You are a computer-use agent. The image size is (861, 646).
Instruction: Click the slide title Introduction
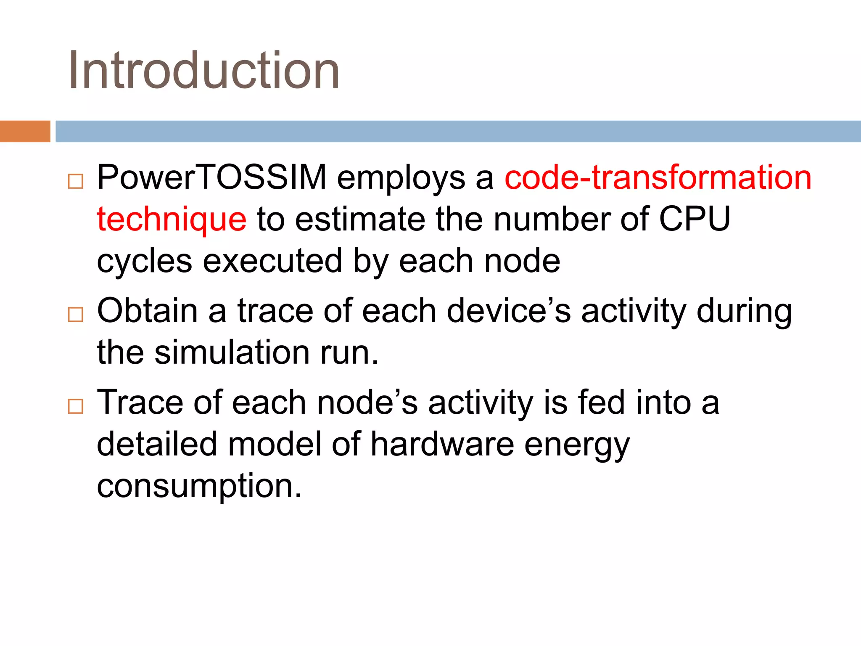[x=204, y=70]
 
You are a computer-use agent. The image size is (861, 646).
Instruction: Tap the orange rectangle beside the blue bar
[x=25, y=131]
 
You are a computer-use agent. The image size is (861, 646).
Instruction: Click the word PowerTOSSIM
[x=212, y=177]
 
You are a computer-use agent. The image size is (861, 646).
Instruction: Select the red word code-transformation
[x=658, y=177]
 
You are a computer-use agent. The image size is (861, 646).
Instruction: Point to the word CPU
[x=694, y=219]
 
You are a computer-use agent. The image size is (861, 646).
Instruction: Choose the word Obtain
[x=148, y=311]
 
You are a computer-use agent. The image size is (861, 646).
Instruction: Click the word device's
[x=509, y=311]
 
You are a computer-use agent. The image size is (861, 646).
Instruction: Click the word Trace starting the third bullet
[x=140, y=402]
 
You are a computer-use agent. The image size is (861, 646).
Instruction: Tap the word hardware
[x=442, y=444]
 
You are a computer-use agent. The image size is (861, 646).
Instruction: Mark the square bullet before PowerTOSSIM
[x=76, y=181]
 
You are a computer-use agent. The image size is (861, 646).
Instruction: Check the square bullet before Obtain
[x=76, y=315]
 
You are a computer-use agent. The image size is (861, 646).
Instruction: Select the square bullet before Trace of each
[x=76, y=406]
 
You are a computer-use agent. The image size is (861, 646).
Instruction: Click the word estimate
[x=360, y=219]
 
